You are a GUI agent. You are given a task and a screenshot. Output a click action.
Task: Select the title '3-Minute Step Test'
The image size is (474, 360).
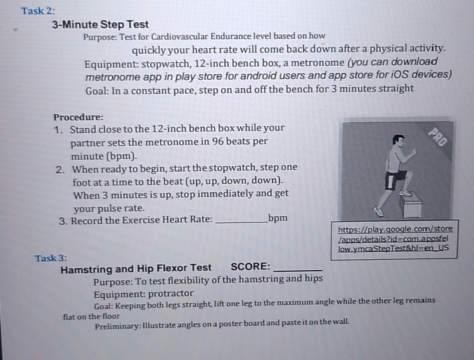click(100, 25)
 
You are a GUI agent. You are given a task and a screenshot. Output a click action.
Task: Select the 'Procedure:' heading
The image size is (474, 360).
click(78, 117)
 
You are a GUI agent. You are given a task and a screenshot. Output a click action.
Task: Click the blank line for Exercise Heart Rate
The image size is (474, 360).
click(241, 221)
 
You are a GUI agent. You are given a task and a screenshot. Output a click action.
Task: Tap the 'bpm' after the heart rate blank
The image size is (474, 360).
click(278, 219)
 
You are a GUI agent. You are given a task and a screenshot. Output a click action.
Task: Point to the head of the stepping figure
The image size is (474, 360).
click(398, 140)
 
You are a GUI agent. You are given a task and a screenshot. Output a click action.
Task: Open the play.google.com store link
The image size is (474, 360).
click(395, 238)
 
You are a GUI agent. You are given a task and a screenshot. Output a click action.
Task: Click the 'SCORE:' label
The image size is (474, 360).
click(250, 267)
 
